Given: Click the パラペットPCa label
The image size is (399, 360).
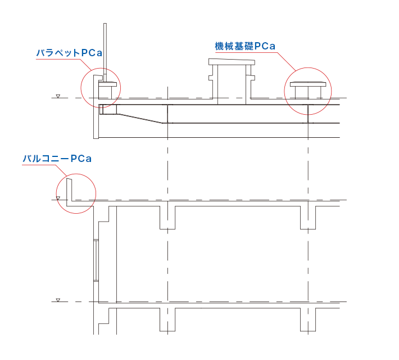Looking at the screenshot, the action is pyautogui.click(x=69, y=53).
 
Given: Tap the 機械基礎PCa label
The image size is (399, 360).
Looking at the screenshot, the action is pyautogui.click(x=245, y=46).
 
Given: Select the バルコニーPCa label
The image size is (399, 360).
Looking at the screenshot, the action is pyautogui.click(x=57, y=159).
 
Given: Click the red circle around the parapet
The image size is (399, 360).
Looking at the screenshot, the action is pyautogui.click(x=81, y=88).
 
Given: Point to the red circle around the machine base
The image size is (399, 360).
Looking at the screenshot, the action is pyautogui.click(x=284, y=91).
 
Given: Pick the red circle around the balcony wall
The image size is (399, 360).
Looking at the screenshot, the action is pyautogui.click(x=56, y=193).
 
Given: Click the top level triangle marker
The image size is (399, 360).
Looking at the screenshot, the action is pyautogui.click(x=58, y=96).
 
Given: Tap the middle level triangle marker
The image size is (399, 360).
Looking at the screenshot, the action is pyautogui.click(x=58, y=198).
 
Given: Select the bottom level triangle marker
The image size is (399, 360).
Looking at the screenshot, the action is pyautogui.click(x=58, y=300).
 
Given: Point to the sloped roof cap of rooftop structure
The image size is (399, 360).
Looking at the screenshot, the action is pyautogui.click(x=232, y=62).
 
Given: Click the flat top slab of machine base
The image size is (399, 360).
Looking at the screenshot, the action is pyautogui.click(x=308, y=84).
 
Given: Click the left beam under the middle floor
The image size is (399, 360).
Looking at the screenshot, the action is pyautogui.click(x=167, y=218).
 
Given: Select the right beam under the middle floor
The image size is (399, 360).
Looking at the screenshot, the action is pyautogui.click(x=308, y=218).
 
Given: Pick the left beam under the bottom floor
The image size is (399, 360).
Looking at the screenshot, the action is pyautogui.click(x=167, y=319).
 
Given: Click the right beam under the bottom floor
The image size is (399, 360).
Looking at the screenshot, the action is pyautogui.click(x=308, y=319).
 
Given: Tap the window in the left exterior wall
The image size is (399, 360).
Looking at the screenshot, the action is pyautogui.click(x=96, y=260).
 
